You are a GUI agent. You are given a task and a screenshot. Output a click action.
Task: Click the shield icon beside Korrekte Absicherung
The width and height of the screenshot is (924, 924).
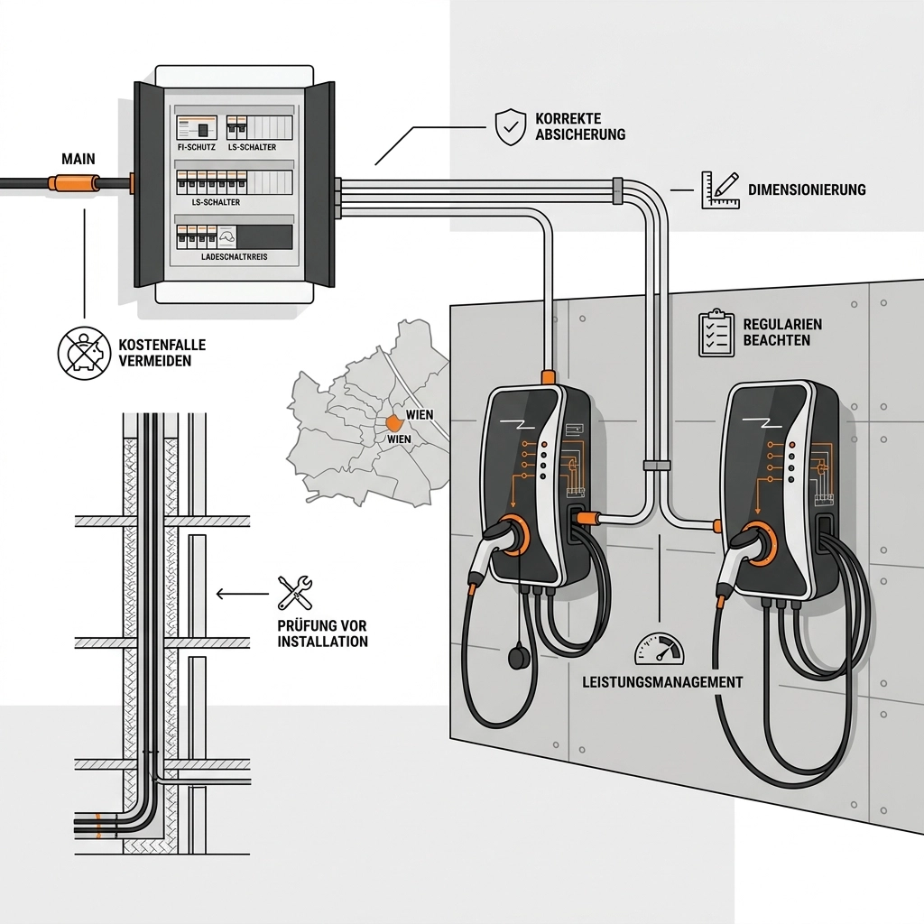(510, 127)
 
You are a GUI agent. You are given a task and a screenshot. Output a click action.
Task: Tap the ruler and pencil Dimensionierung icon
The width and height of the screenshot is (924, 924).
(720, 189)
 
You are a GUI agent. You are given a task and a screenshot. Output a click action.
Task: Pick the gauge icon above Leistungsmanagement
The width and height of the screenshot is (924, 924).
(660, 649)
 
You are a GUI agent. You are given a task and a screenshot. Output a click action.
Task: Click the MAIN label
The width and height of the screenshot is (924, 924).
(79, 160)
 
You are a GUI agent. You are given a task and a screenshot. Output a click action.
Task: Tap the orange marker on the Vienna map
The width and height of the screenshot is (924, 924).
(395, 422)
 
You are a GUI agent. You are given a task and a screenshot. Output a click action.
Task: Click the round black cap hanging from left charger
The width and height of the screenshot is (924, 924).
(521, 657)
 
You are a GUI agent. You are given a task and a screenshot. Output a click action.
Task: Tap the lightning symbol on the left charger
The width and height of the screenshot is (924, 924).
(521, 424)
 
